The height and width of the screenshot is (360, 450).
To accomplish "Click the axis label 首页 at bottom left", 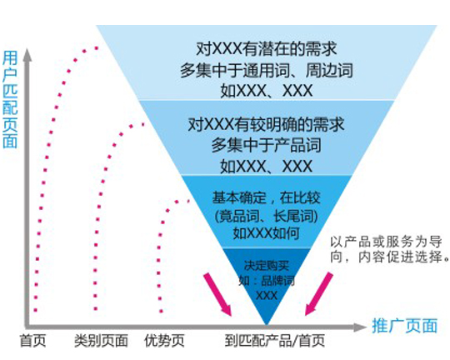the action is [33, 341].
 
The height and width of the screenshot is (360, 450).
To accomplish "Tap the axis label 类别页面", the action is [101, 341].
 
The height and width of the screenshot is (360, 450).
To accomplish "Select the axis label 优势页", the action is [164, 341].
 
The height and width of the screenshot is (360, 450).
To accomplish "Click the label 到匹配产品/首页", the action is [275, 341].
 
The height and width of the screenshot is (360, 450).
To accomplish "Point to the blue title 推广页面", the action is [405, 326].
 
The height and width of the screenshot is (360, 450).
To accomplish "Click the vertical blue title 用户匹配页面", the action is [10, 100].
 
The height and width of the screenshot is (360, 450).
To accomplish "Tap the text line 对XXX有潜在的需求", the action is [267, 48].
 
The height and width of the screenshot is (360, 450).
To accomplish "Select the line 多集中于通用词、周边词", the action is [267, 70].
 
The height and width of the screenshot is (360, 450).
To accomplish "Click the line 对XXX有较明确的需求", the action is [266, 124].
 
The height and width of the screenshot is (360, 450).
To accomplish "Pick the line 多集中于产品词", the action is [267, 145].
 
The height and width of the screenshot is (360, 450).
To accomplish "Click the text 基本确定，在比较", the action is [266, 197].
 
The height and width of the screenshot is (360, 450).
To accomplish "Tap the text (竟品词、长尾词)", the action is [267, 216].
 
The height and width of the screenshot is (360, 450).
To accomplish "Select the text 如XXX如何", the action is [267, 233].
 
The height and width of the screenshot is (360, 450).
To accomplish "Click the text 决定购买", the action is [267, 266].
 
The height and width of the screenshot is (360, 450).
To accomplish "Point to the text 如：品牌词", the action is [267, 281].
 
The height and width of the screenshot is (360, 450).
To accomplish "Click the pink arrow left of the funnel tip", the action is [217, 295].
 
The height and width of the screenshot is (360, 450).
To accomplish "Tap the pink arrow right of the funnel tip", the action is [319, 294].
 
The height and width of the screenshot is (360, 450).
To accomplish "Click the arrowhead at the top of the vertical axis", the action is [27, 54].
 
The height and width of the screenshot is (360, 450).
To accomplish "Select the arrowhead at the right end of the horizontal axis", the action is [360, 327].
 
